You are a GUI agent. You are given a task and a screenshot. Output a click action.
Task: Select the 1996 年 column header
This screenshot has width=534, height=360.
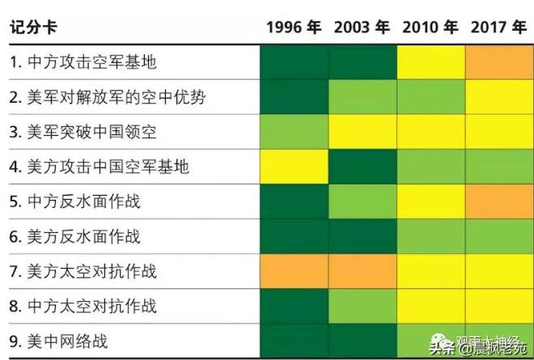click(294, 28)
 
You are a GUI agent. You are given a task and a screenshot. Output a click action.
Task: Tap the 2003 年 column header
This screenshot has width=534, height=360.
click(362, 28)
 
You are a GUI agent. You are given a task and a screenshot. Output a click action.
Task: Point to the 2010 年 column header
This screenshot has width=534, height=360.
click(430, 28)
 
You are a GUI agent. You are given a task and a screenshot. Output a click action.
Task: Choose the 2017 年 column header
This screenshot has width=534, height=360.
click(498, 28)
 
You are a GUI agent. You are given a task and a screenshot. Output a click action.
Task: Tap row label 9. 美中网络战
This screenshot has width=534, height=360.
click(59, 341)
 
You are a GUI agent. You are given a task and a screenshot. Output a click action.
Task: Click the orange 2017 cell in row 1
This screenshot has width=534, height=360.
click(499, 63)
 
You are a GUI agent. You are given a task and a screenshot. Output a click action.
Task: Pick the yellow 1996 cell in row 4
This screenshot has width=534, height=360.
click(295, 167)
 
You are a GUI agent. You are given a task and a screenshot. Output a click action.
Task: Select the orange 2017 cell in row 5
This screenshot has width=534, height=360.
click(499, 202)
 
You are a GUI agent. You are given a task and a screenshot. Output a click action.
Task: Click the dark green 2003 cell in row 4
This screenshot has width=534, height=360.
click(362, 167)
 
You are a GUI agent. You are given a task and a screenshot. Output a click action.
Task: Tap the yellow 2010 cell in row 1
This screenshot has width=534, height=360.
click(431, 63)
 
